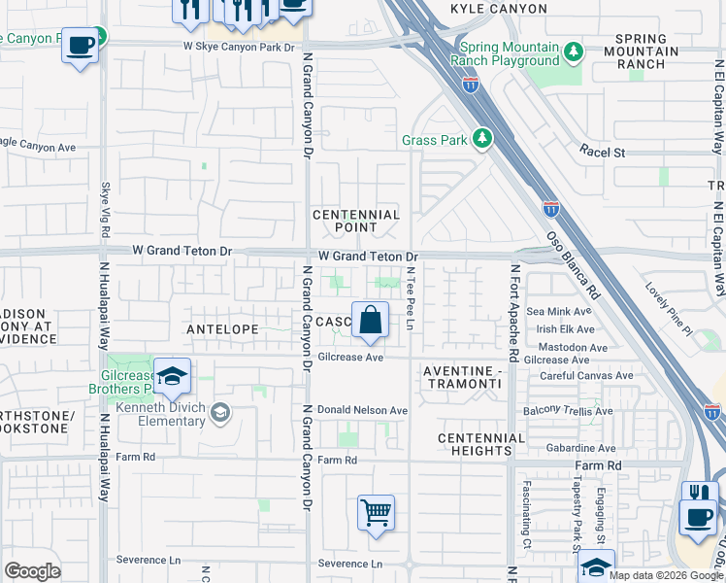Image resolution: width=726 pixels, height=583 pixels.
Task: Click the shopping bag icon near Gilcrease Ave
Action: pyautogui.click(x=370, y=321)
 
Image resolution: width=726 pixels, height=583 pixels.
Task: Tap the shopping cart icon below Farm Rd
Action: pyautogui.click(x=376, y=511)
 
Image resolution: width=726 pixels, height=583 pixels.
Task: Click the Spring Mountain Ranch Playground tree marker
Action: pyautogui.click(x=574, y=50)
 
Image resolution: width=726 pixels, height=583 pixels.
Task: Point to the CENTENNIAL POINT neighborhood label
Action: pyautogui.click(x=356, y=221)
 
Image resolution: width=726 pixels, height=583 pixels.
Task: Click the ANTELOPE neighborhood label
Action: pyautogui.click(x=222, y=329)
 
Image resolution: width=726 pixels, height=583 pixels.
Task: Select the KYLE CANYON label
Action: pyautogui.click(x=498, y=9)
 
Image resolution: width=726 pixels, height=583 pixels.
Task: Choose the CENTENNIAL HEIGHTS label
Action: pyautogui.click(x=481, y=444)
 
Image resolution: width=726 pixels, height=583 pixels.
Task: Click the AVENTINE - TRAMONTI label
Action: pyautogui.click(x=462, y=378)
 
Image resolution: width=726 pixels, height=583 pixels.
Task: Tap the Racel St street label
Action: pyautogui.click(x=603, y=152)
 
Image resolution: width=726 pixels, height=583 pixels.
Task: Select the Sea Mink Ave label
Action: pyautogui.click(x=558, y=312)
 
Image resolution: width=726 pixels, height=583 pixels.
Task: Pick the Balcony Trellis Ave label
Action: pyautogui.click(x=568, y=411)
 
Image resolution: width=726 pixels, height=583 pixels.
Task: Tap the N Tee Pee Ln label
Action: pyautogui.click(x=411, y=298)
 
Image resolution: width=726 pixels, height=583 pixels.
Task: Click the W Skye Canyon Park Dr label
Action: pyautogui.click(x=238, y=46)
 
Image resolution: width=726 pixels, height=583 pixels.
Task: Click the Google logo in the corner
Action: pyautogui.click(x=32, y=570)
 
